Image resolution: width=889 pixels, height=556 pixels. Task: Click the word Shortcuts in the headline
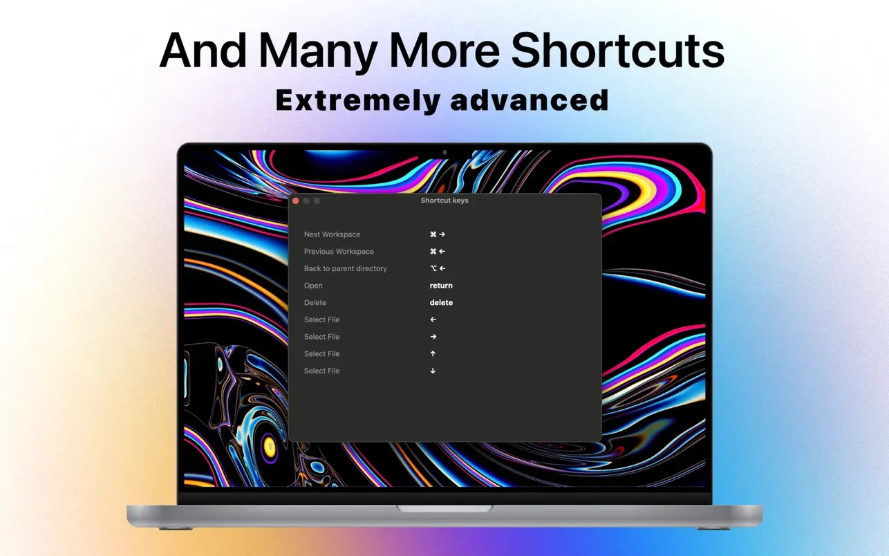[x=617, y=51]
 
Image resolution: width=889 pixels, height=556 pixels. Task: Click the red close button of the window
[x=296, y=201]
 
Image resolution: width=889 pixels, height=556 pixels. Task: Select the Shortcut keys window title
[x=444, y=201]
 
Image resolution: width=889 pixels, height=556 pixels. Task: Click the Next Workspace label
[x=333, y=234]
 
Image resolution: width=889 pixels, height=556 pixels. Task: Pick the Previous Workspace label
[x=339, y=252]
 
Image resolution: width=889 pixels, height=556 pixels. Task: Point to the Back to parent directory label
[x=345, y=268]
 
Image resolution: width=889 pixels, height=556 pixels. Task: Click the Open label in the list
[x=313, y=286]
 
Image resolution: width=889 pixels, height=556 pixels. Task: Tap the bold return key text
[x=441, y=286]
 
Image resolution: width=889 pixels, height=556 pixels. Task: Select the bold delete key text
[x=441, y=303]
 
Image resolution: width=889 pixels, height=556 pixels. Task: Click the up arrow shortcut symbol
[x=433, y=353]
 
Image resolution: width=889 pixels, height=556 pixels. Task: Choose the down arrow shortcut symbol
[x=433, y=371]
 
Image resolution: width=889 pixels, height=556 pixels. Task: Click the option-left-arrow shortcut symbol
[x=438, y=268]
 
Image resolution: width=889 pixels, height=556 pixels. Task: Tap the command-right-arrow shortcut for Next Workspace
[x=438, y=234]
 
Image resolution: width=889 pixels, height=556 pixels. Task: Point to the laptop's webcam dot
[x=444, y=153]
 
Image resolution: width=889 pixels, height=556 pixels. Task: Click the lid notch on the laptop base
[x=444, y=509]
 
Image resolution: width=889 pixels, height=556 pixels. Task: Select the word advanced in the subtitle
[x=530, y=100]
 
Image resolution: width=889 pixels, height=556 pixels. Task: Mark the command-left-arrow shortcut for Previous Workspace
[x=438, y=252]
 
